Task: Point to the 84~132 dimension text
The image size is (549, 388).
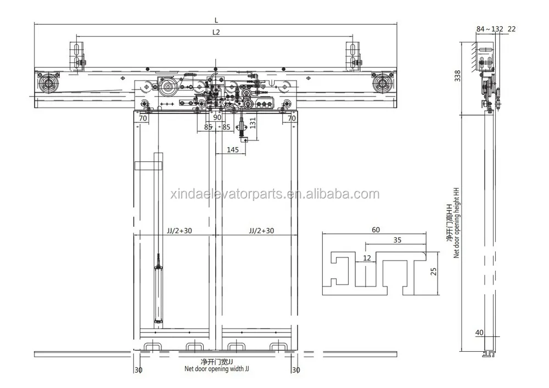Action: (489, 29)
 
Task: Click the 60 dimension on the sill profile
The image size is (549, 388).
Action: (376, 230)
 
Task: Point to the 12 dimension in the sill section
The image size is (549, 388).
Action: (367, 257)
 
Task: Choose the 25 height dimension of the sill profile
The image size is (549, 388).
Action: (433, 271)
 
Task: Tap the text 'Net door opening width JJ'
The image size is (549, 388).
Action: (216, 369)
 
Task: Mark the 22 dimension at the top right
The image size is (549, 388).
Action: (512, 29)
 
